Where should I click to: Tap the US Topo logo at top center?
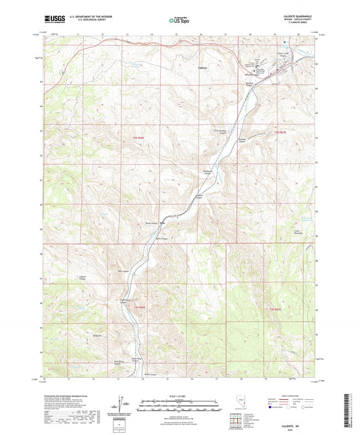[180, 20]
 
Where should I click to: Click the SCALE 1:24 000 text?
[180, 396]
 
